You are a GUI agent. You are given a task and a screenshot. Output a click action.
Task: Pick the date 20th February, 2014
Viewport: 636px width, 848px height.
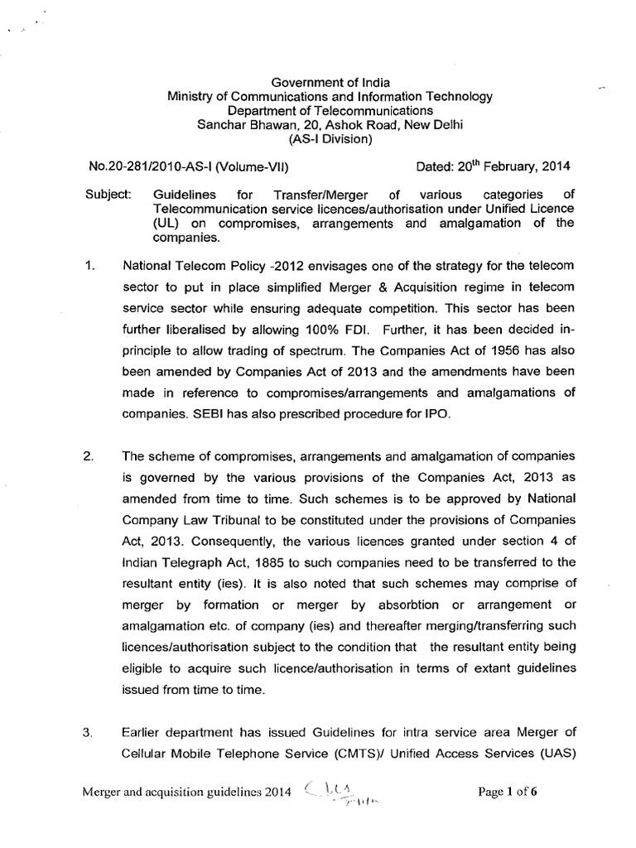513,166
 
